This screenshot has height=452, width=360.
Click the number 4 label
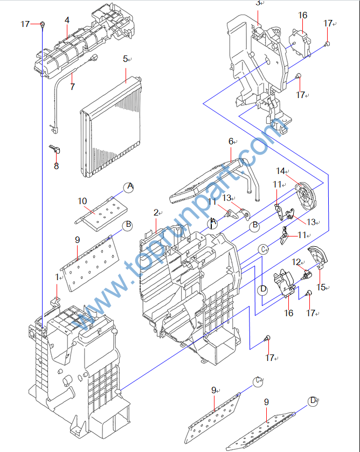(x=67, y=20)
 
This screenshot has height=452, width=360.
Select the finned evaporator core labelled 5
(x=111, y=126)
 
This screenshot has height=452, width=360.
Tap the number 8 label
(x=56, y=166)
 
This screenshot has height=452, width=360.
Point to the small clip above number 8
(x=54, y=149)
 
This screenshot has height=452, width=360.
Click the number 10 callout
(x=82, y=201)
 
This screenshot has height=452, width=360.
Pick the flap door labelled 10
(x=101, y=213)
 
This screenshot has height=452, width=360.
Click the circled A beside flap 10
(x=129, y=187)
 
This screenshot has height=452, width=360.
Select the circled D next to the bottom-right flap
(x=313, y=401)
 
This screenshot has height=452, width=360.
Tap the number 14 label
(x=281, y=171)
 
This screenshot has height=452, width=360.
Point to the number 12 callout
(x=296, y=262)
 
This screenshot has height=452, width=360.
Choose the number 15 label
(x=321, y=287)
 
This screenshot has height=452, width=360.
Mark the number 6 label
(x=231, y=141)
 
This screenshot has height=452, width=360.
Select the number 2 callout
(x=156, y=213)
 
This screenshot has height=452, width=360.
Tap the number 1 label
(x=57, y=277)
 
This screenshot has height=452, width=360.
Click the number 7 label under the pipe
(x=72, y=86)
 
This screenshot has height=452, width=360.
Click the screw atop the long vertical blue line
(x=43, y=24)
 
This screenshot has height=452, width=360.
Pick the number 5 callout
(x=125, y=59)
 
